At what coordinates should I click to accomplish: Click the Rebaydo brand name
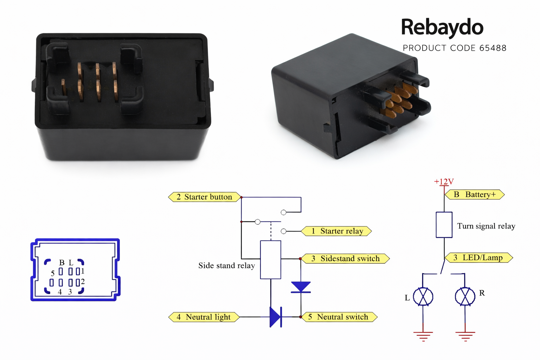click(442, 27)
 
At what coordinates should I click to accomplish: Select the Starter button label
click(205, 197)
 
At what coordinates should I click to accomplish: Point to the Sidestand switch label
click(346, 259)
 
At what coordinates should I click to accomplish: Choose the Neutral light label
click(204, 317)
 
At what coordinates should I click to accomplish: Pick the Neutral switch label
click(339, 317)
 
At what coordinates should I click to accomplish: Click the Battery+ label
click(475, 194)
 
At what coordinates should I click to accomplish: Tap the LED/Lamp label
click(478, 258)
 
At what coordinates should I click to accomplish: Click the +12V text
click(444, 182)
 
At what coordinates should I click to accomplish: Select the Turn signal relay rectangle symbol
click(444, 225)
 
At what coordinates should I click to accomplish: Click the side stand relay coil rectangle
click(270, 260)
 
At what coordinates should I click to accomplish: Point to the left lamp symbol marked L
click(423, 297)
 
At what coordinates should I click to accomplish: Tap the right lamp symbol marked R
click(465, 297)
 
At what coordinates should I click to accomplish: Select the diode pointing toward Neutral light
click(275, 317)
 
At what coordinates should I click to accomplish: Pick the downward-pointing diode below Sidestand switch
click(301, 287)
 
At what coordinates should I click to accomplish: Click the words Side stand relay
click(226, 266)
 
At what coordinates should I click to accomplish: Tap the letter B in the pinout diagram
click(62, 263)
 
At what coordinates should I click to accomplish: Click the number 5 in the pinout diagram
click(53, 273)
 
